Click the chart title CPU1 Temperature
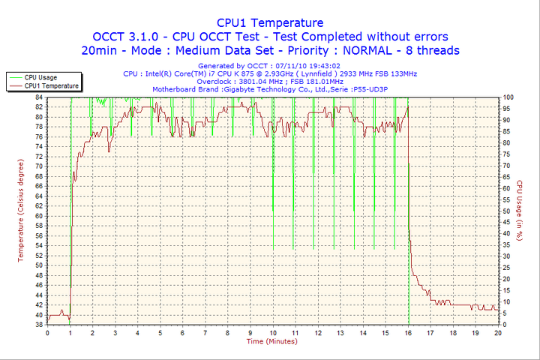click(x=270, y=22)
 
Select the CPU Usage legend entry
click(x=40, y=77)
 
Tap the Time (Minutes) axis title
click(x=271, y=341)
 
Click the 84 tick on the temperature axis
click(x=39, y=97)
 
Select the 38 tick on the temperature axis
click(x=39, y=325)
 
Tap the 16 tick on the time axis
click(x=408, y=331)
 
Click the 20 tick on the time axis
click(x=498, y=331)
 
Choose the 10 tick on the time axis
click(x=273, y=331)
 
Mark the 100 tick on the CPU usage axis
click(x=508, y=97)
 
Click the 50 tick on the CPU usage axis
click(x=507, y=211)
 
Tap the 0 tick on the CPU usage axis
click(x=505, y=325)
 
